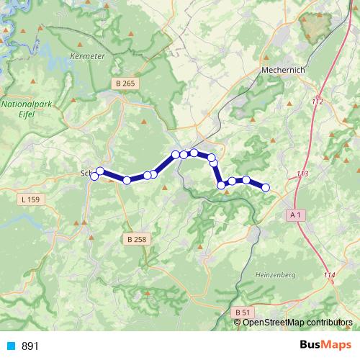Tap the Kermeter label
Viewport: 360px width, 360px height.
(x=89, y=55)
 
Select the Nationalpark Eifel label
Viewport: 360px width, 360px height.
(x=24, y=109)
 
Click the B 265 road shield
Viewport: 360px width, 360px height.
(x=125, y=84)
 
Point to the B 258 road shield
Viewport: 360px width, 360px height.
(x=135, y=238)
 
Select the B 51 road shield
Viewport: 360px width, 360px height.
(x=242, y=312)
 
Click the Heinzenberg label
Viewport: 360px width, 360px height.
(x=275, y=275)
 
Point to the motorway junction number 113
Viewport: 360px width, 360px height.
(x=302, y=174)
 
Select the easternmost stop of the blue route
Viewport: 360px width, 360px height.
(x=265, y=187)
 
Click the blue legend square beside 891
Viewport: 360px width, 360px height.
(x=10, y=346)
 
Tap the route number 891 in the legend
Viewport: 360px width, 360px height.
(x=30, y=346)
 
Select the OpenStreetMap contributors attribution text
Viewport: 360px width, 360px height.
(x=297, y=322)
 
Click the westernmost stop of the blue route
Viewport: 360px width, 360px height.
(x=94, y=176)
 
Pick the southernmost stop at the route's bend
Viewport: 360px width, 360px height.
(x=221, y=186)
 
